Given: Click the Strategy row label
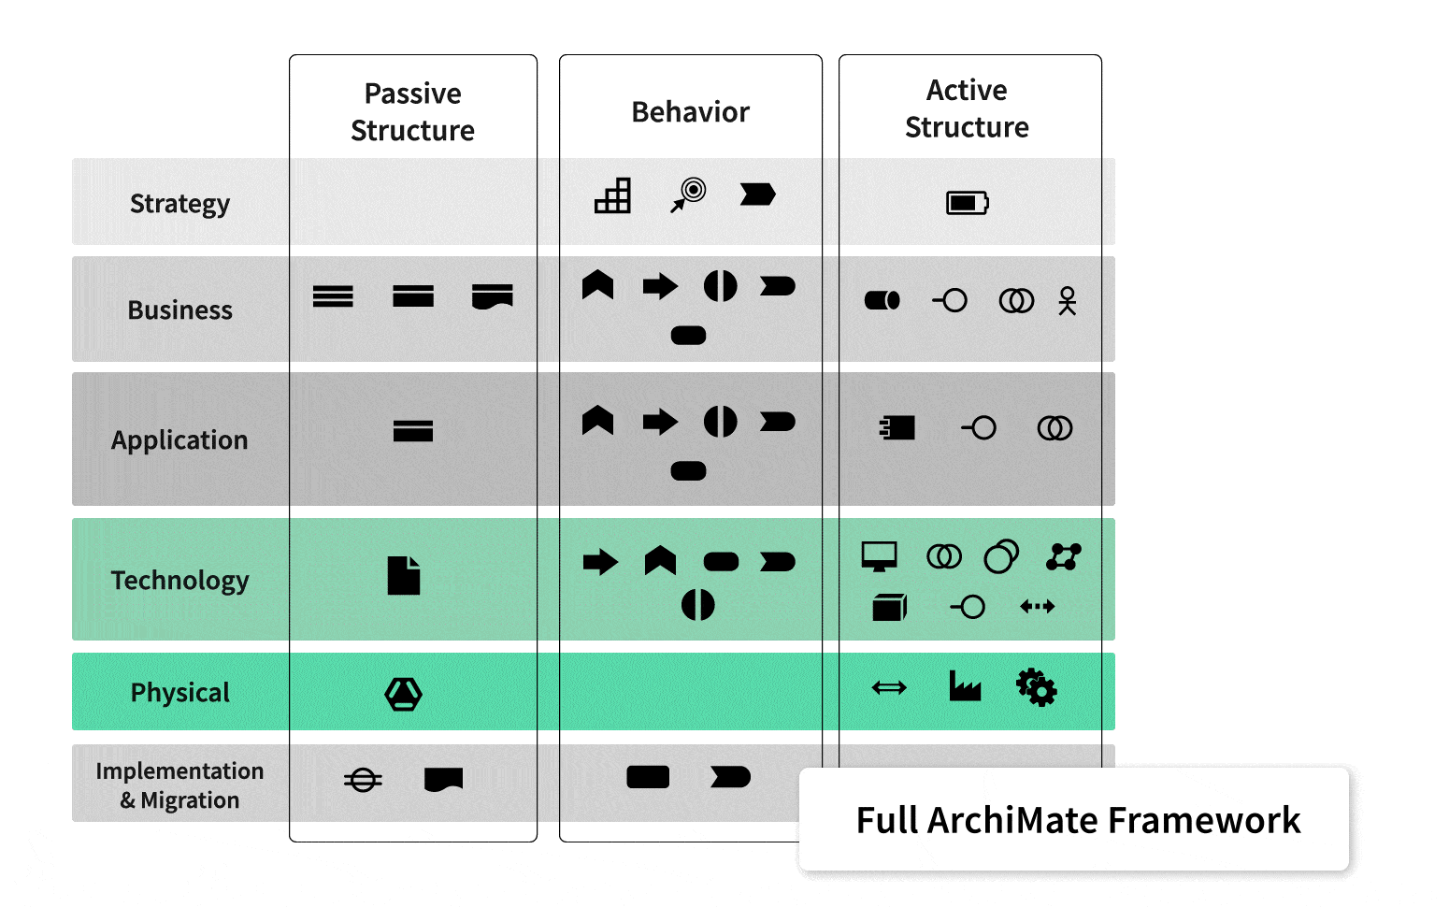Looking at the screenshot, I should pos(179,204).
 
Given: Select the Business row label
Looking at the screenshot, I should pos(179,310).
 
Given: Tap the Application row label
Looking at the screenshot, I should pos(179,440).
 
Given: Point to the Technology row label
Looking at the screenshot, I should pos(179,581).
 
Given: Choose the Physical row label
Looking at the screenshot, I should pos(179,693).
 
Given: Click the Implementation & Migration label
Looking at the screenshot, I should pos(179,785).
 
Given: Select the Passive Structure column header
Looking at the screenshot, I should pos(412,112).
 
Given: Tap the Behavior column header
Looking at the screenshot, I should pos(690,112).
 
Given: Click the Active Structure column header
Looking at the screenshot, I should pos(967,108).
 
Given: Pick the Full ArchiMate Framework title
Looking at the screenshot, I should pos(1078,820).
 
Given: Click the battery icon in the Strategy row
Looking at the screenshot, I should pos(967,203).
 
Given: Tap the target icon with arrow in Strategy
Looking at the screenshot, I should pos(689,194).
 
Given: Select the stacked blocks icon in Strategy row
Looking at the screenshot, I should pos(613,195).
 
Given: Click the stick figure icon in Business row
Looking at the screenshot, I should pos(1067,301).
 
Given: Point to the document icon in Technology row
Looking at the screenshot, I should pos(404,575).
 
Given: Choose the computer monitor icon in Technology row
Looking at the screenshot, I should pos(879,556).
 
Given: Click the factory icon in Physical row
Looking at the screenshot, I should pos(965,686).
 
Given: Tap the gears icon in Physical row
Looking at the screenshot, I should pos(1037,687).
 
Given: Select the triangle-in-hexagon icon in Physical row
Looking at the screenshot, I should pos(404,694).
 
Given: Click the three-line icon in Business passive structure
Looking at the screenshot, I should pos(333,296).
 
